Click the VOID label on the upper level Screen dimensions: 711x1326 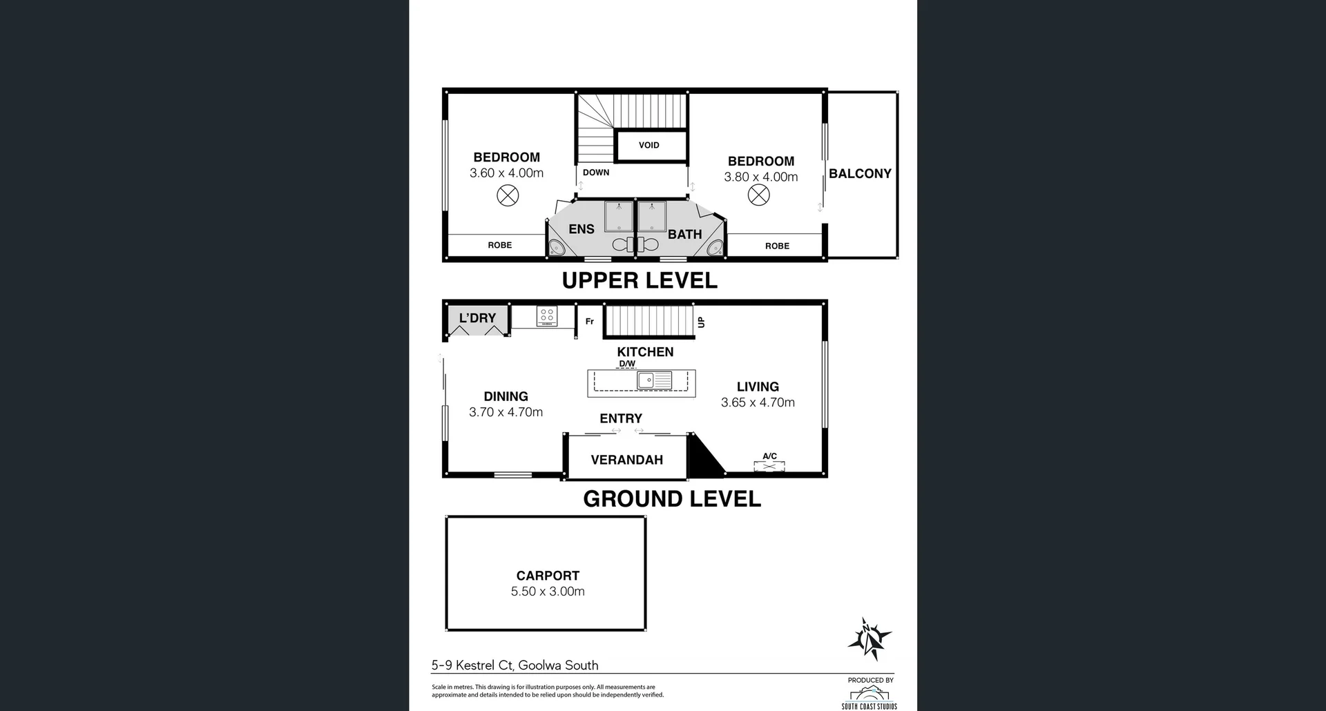648,145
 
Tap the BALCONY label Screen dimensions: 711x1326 860,174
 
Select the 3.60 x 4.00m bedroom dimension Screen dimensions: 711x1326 506,173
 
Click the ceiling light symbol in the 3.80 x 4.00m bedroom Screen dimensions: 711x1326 758,195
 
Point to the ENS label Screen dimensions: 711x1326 581,229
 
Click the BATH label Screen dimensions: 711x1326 684,235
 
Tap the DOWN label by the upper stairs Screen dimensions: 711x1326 595,173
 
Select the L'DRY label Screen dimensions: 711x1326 477,318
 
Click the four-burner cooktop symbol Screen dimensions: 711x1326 546,317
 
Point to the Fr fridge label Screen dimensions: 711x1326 589,322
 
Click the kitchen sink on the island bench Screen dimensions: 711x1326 653,380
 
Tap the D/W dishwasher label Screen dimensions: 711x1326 626,364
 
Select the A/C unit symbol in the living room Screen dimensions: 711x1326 769,466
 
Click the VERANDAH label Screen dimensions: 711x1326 626,460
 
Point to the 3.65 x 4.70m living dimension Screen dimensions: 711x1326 758,402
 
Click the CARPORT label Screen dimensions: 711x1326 548,576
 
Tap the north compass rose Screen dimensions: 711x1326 869,639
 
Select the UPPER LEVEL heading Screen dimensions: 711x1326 640,280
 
